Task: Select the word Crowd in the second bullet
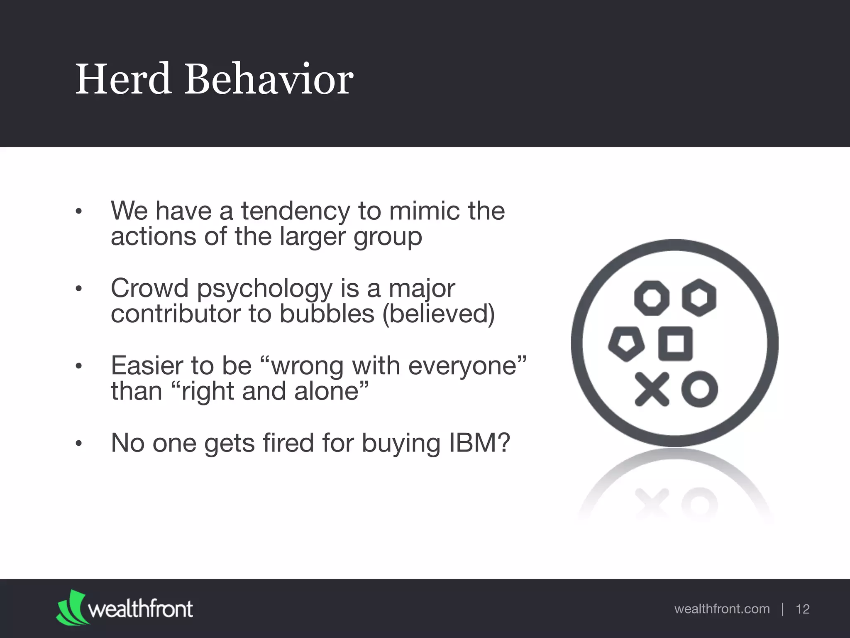(x=149, y=288)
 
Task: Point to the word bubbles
(x=327, y=314)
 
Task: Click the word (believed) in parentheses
(x=438, y=314)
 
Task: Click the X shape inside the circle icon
(x=652, y=389)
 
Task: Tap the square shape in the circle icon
(x=676, y=344)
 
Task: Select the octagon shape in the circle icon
(x=652, y=298)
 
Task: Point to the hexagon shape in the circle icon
(x=699, y=298)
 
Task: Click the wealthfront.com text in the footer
(x=722, y=609)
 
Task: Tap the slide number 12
(x=803, y=609)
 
